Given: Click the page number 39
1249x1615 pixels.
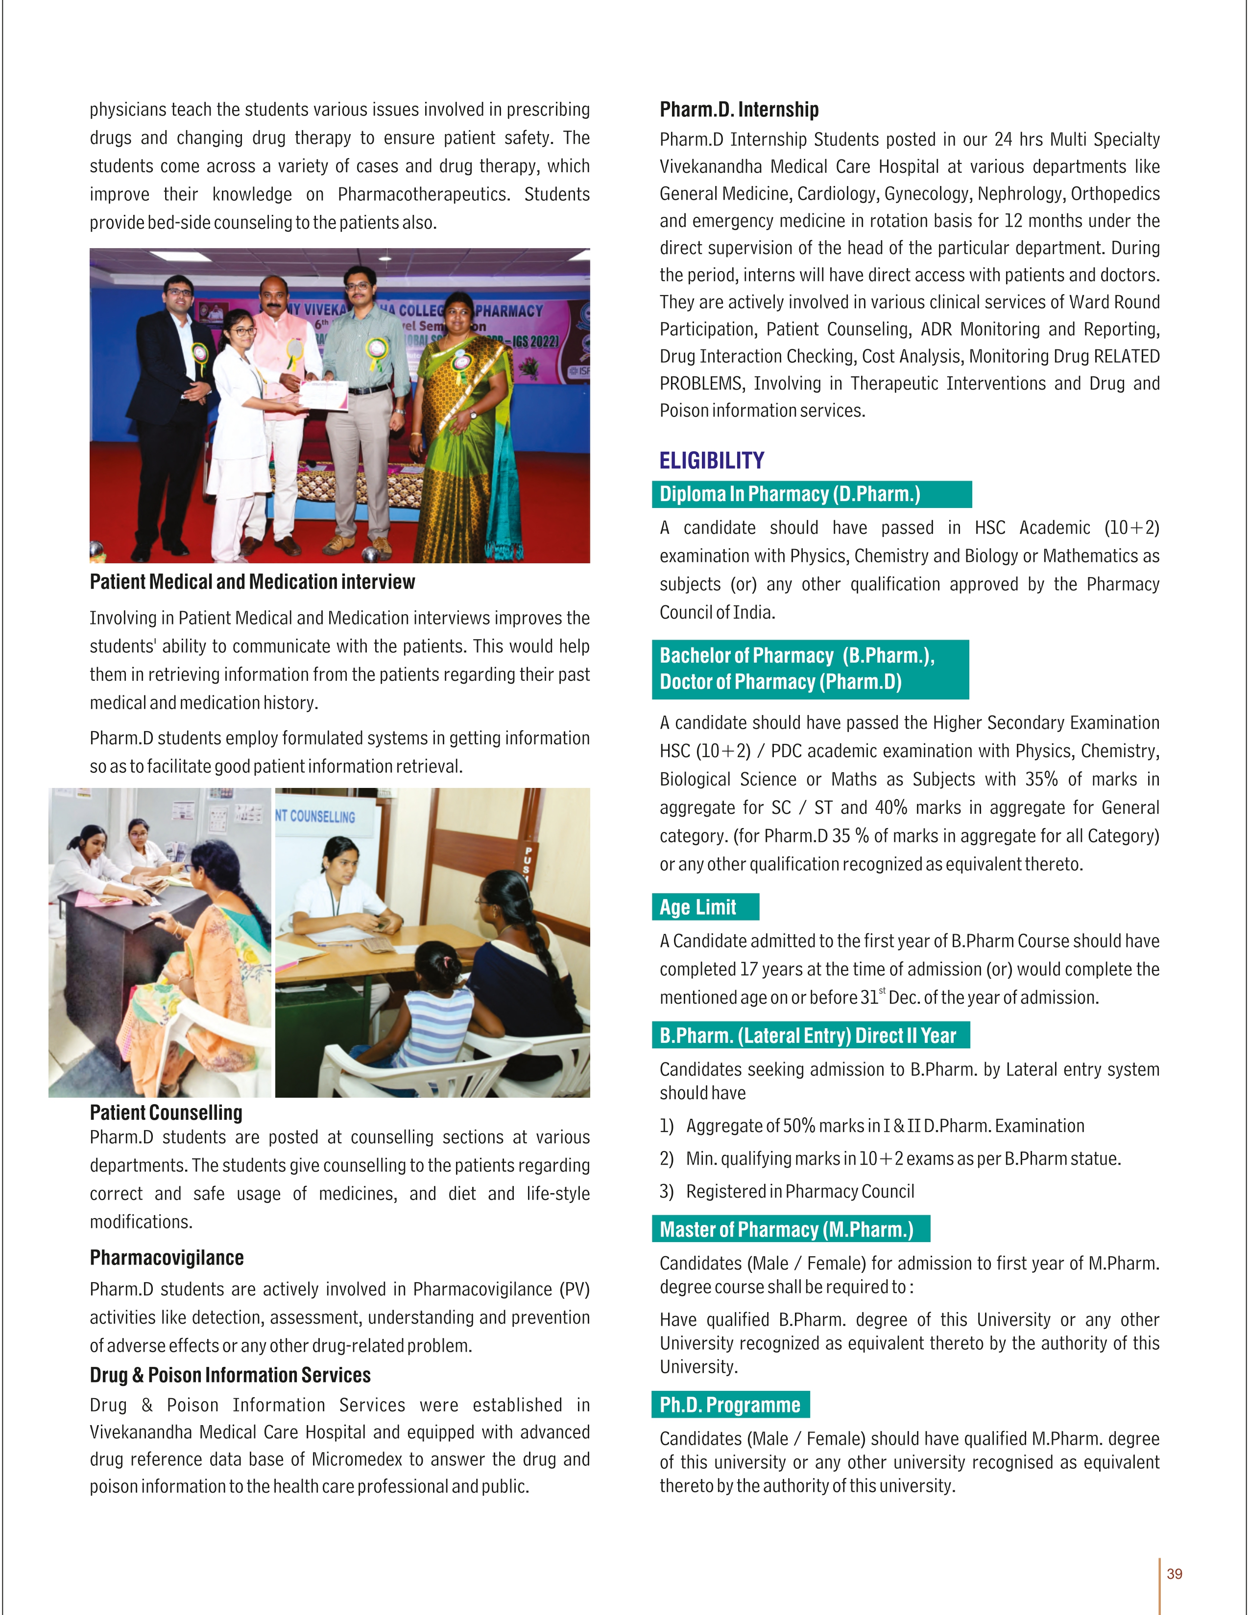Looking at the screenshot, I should (x=1174, y=1573).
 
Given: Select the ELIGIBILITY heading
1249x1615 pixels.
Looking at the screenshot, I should (x=712, y=461).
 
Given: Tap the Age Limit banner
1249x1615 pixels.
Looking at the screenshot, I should (x=704, y=906).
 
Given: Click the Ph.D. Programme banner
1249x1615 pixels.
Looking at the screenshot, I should (x=730, y=1404).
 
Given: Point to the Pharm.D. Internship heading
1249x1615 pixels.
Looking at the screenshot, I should (x=739, y=110).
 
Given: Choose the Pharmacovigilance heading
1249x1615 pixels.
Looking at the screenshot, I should (x=167, y=1257).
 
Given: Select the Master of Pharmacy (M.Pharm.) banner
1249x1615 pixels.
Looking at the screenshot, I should (x=790, y=1229).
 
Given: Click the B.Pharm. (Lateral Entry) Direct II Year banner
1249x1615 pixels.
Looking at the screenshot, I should (x=810, y=1035).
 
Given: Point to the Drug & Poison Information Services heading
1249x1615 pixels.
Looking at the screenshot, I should (x=230, y=1375).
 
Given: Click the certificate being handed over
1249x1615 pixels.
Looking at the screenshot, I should (x=323, y=395).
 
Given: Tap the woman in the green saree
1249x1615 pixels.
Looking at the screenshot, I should (x=465, y=429).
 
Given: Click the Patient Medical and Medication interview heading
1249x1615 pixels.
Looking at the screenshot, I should (x=252, y=582).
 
